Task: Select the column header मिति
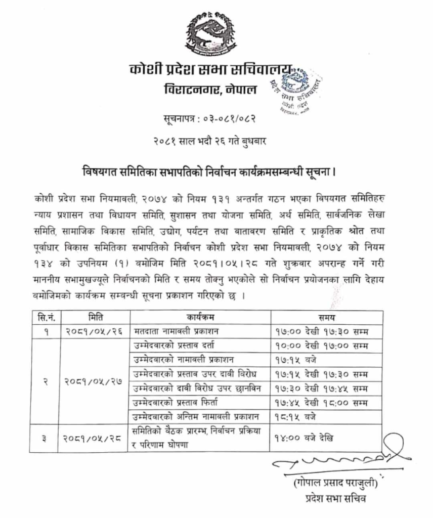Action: pyautogui.click(x=95, y=318)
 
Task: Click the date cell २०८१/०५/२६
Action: pyautogui.click(x=95, y=332)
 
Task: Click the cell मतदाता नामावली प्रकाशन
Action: pyautogui.click(x=176, y=332)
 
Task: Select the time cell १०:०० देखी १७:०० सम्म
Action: pyautogui.click(x=320, y=347)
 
